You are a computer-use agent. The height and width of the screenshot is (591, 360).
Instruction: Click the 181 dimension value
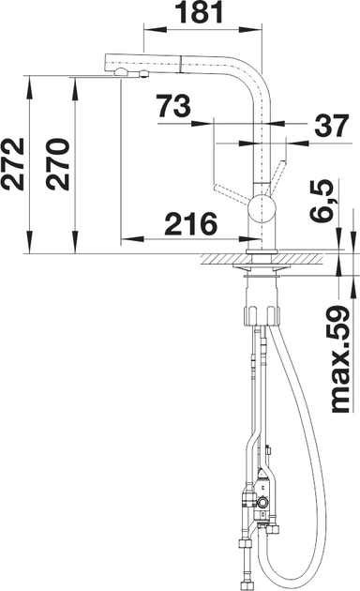(201, 12)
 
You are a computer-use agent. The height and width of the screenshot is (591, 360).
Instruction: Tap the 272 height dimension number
(13, 164)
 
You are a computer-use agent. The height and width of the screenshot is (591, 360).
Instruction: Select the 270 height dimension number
(57, 164)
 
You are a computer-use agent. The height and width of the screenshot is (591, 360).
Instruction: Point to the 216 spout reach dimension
(191, 224)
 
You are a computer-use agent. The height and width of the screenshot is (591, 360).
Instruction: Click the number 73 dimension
(173, 105)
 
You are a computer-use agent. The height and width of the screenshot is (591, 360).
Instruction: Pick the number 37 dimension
(332, 126)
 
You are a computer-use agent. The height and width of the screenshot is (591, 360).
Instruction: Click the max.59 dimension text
(340, 358)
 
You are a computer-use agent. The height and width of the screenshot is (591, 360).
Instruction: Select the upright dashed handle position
(277, 177)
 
